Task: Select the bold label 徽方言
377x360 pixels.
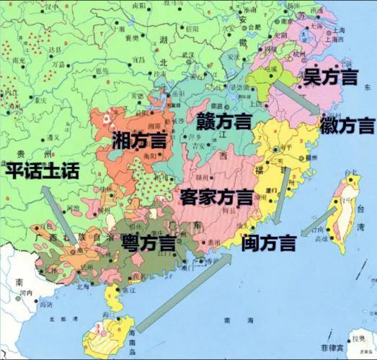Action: (347, 125)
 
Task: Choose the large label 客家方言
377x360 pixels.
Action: (216, 195)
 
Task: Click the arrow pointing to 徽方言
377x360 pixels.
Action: (296, 96)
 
